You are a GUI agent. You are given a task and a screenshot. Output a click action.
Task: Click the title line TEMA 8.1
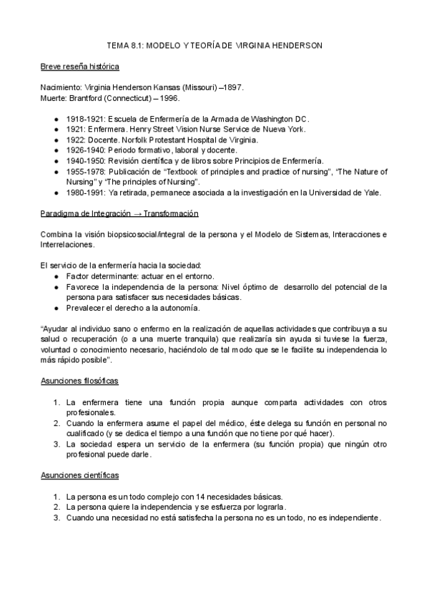click(214, 45)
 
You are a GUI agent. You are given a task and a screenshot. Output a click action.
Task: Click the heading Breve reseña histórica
click(79, 67)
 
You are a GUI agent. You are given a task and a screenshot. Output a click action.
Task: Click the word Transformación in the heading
click(171, 214)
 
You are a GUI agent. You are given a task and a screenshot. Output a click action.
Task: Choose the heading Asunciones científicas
click(79, 475)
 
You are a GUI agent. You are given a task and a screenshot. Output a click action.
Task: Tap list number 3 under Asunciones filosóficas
click(56, 445)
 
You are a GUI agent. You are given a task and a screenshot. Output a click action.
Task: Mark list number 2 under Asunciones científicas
click(56, 508)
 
